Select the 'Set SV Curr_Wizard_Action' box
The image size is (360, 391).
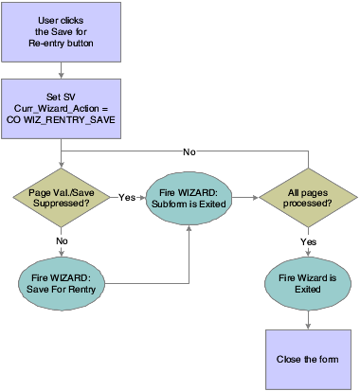point(61,106)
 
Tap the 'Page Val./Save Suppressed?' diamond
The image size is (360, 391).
point(61,200)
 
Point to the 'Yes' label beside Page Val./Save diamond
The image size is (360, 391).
point(125,199)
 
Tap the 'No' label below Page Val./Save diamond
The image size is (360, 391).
point(61,241)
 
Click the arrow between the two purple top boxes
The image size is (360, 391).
point(61,69)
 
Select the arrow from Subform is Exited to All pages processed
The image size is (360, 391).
point(242,200)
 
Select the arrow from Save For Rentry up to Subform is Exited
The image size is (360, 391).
point(189,256)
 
